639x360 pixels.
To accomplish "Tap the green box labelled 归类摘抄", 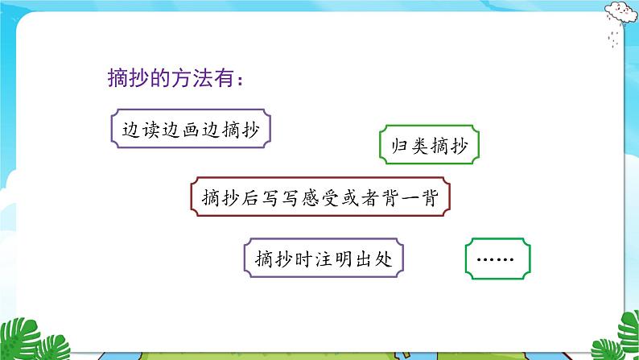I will pos(429,146).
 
